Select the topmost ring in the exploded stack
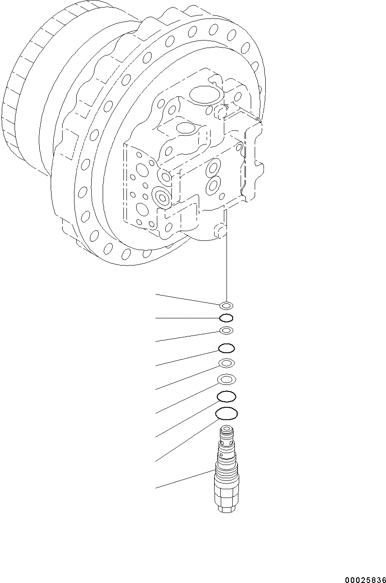[226, 305]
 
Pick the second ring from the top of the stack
[226, 318]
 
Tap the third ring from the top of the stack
[226, 331]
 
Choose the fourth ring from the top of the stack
[226, 349]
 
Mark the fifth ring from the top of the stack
[226, 363]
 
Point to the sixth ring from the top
[226, 379]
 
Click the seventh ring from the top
[226, 397]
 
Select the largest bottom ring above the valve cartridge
[226, 413]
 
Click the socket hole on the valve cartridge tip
[226, 429]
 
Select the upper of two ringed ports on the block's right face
[214, 167]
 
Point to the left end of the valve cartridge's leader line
[156, 488]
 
